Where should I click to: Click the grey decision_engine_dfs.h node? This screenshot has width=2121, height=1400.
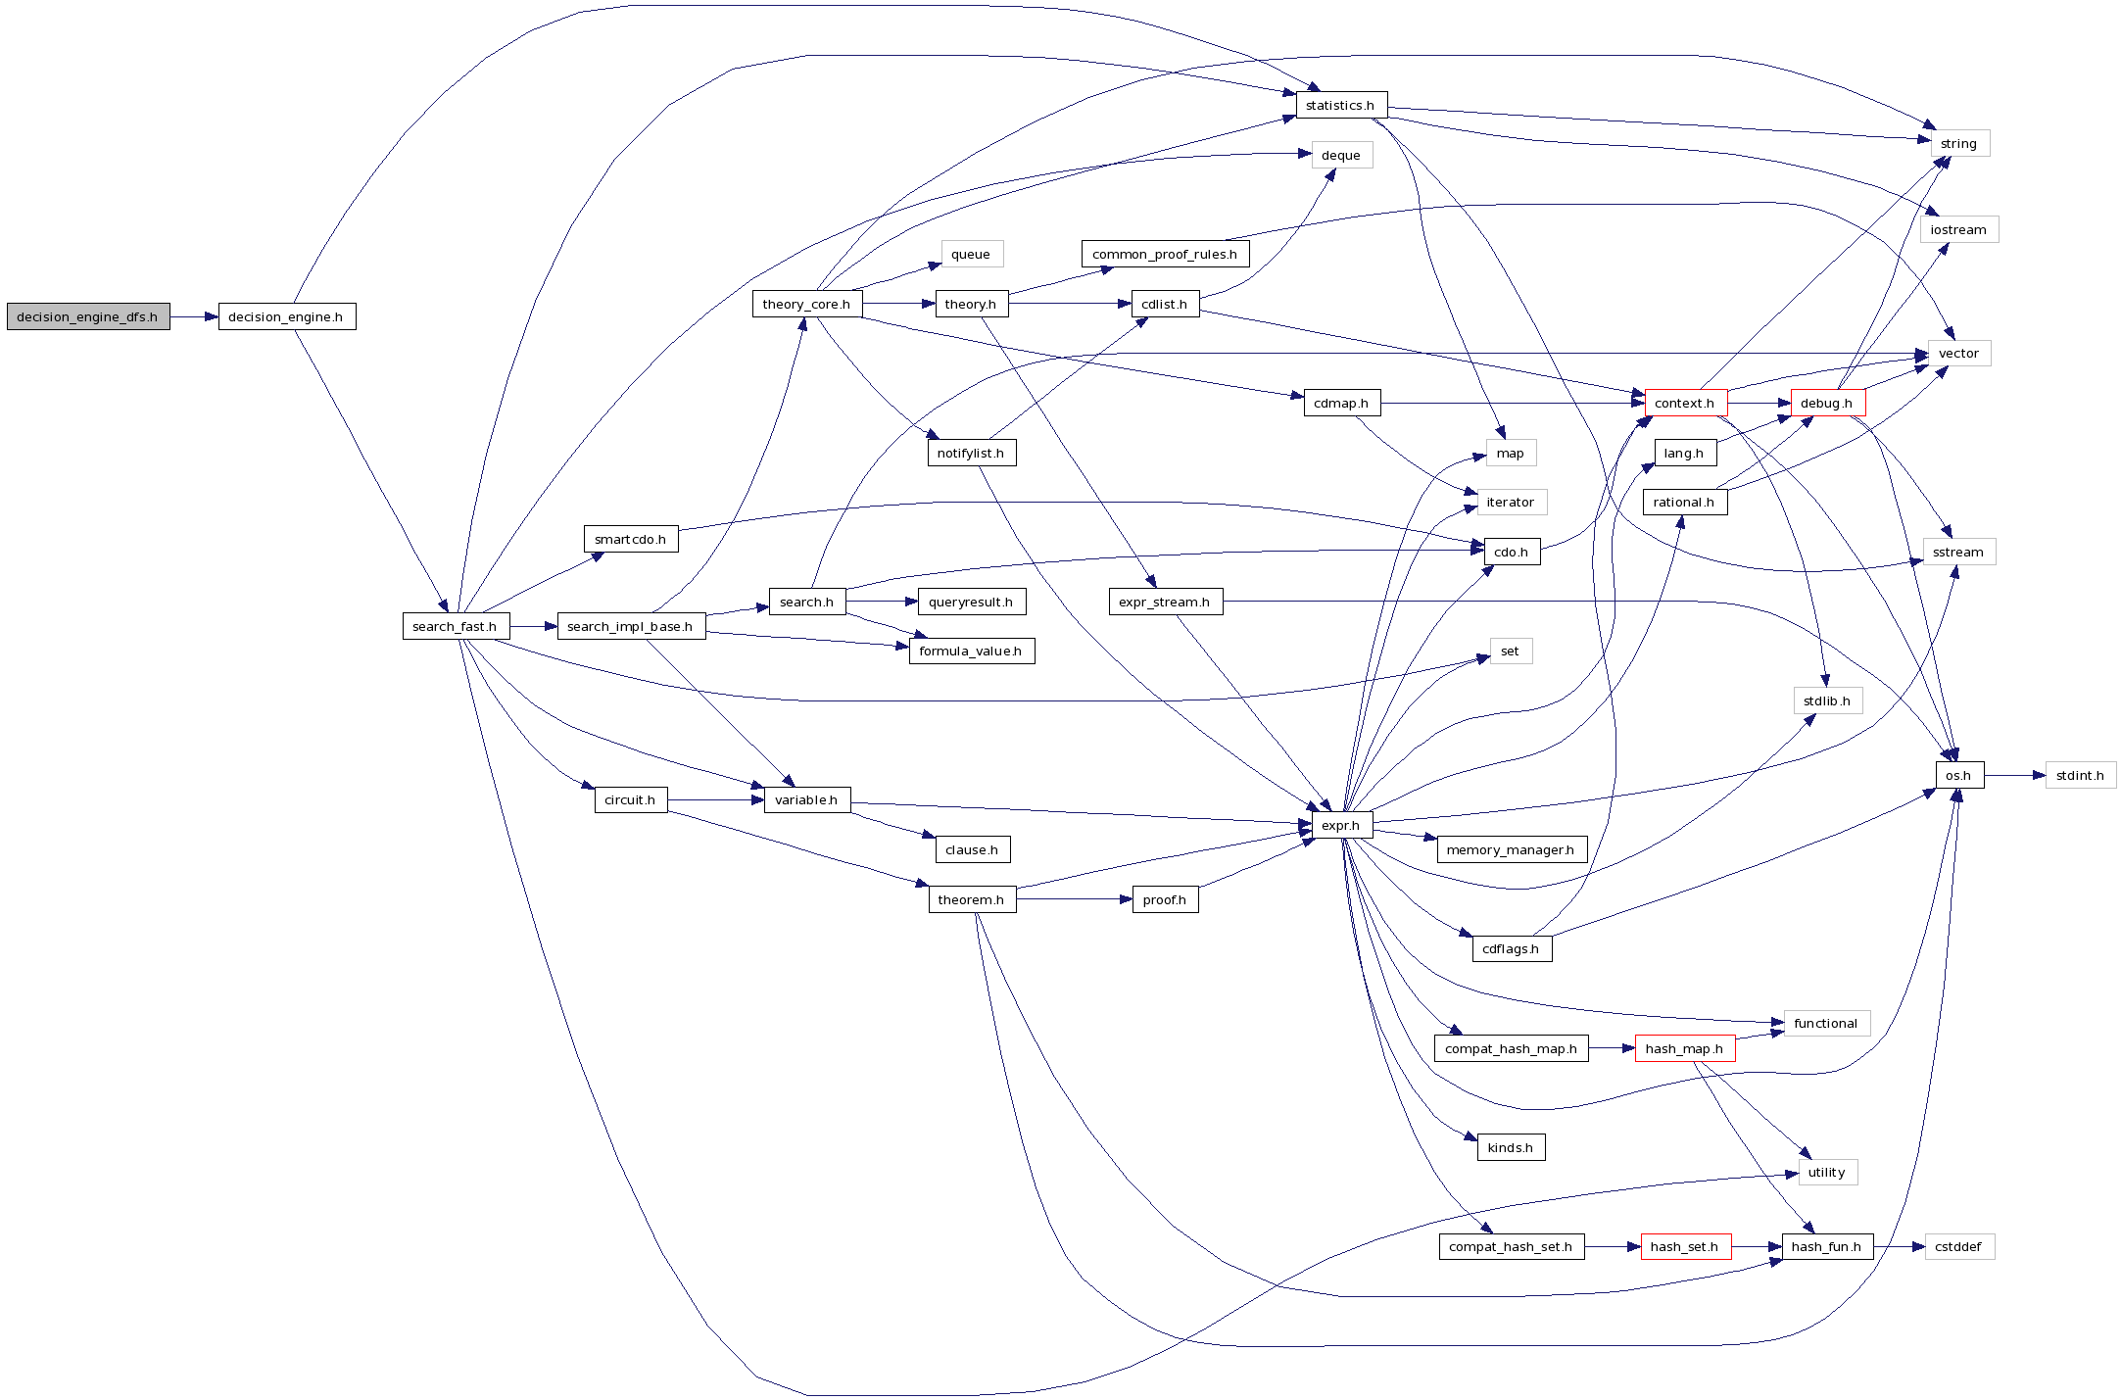[87, 316]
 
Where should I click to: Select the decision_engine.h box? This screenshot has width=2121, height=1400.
[286, 316]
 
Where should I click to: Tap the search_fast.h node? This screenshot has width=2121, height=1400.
[455, 626]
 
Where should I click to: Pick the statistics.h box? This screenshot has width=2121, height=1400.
[1340, 105]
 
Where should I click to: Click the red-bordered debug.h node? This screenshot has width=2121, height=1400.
[1827, 403]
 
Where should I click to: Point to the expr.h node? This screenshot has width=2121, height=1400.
[1341, 825]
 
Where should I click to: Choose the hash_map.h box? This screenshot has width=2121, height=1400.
[1684, 1048]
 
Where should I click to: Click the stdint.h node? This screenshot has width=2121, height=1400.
[2080, 775]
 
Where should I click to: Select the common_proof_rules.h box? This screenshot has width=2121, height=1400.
[1165, 254]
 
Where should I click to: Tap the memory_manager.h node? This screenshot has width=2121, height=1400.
[1511, 849]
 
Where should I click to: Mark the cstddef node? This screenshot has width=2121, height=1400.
[1958, 1246]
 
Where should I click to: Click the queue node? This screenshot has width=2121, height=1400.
[971, 254]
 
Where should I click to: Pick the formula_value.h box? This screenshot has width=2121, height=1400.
[971, 651]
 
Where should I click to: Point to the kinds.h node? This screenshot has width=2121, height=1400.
[1511, 1147]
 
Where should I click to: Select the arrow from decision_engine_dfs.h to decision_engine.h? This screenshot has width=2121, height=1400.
[194, 316]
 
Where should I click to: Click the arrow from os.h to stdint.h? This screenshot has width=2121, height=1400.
[2014, 775]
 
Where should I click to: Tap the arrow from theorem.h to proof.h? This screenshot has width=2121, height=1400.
[1074, 899]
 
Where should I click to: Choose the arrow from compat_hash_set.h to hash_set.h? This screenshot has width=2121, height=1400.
[1612, 1246]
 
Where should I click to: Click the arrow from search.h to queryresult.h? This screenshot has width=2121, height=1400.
[882, 602]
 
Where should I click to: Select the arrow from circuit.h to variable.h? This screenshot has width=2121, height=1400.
[715, 799]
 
